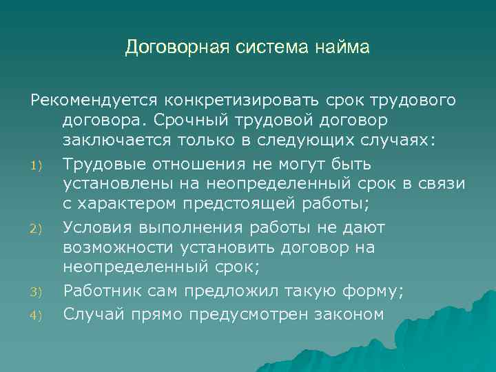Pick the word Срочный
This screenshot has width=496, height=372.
(218, 121)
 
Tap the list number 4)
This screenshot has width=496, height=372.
(37, 314)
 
